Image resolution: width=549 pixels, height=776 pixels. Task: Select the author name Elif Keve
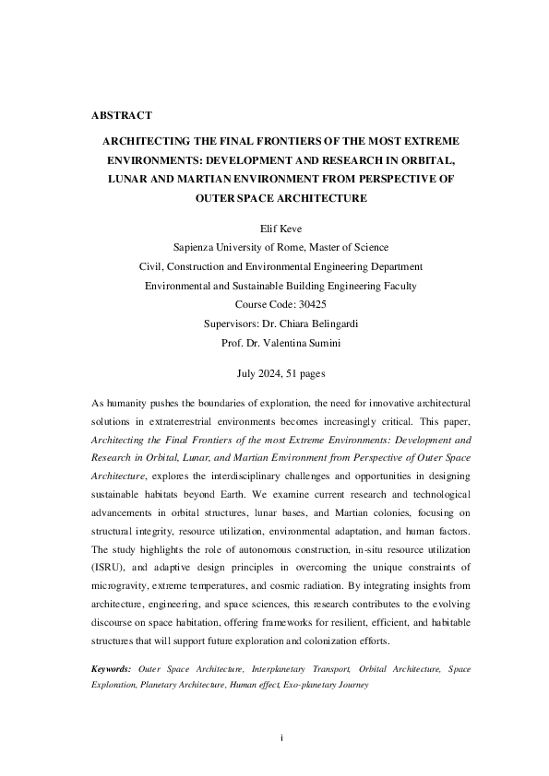(x=274, y=228)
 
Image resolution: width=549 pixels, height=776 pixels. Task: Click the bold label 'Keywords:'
(x=112, y=668)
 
